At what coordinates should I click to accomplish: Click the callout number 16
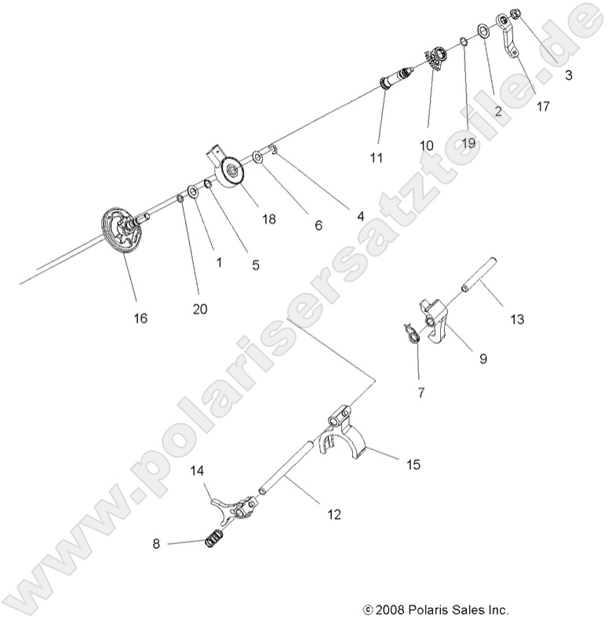click(x=140, y=318)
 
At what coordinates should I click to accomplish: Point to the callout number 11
click(x=377, y=158)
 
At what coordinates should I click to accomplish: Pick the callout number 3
click(x=568, y=76)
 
